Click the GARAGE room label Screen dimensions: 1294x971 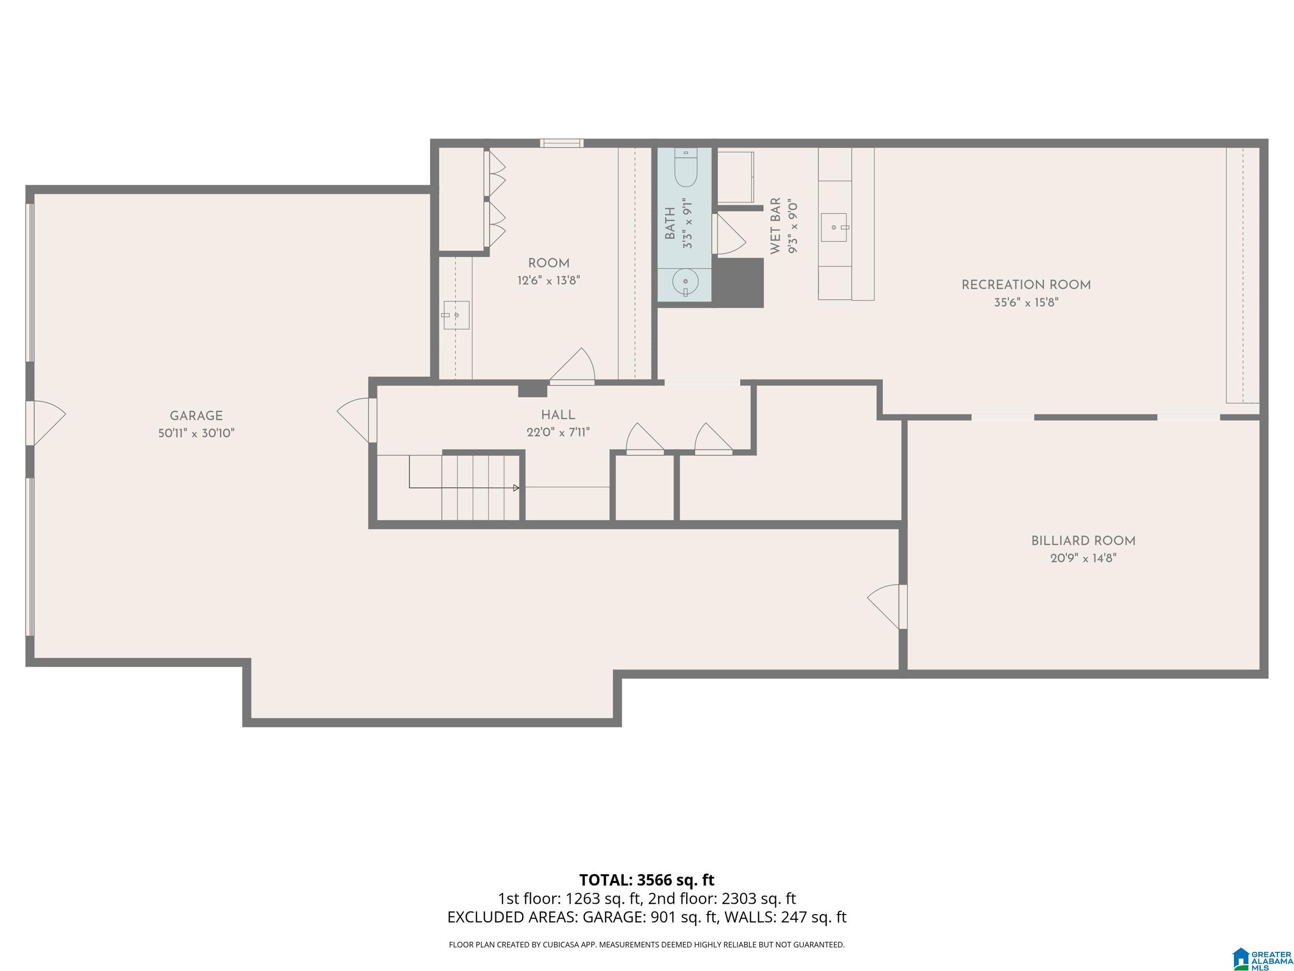(x=196, y=415)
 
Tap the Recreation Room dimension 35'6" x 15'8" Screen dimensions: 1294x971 (x=1026, y=302)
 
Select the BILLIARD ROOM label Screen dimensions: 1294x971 (x=1083, y=541)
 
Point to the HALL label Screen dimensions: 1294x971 (x=558, y=415)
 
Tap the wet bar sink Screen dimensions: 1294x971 (x=834, y=227)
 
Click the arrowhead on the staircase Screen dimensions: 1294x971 (x=516, y=487)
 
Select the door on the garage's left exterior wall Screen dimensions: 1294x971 (x=46, y=423)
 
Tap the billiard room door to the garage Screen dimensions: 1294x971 (x=887, y=606)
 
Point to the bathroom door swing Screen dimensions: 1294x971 (x=728, y=234)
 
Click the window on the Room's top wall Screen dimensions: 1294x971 (x=562, y=143)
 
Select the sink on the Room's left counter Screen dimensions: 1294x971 (x=455, y=315)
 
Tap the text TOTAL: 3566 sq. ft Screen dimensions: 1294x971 (x=646, y=880)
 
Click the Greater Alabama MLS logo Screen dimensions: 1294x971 (x=1262, y=959)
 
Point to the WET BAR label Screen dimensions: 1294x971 (x=776, y=226)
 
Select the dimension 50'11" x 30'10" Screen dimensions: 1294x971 (x=196, y=433)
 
